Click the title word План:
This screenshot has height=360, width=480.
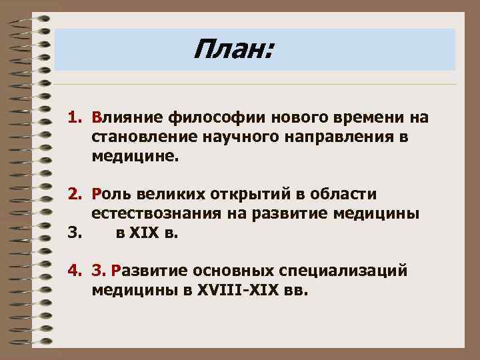(x=233, y=49)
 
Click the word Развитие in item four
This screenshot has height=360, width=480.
(x=151, y=272)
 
